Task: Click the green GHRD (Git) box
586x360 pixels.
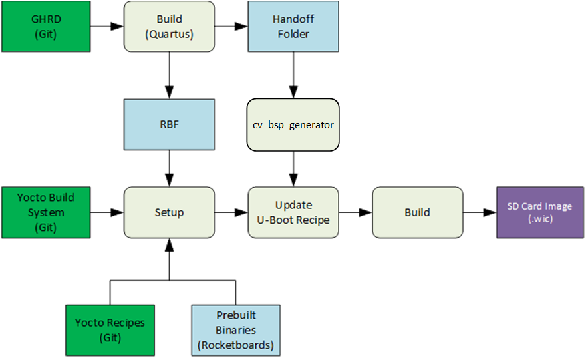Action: point(46,26)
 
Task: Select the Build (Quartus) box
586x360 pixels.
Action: point(170,26)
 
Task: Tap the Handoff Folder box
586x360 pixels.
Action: point(293,26)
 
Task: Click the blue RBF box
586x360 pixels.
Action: point(170,124)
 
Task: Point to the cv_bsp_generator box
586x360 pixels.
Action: point(293,125)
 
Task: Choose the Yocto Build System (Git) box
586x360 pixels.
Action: point(46,212)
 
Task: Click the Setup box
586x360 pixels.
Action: point(170,212)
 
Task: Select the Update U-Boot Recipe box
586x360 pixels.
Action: point(293,212)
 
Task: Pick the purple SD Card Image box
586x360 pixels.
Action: point(539,212)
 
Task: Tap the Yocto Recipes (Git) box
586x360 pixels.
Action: point(110,331)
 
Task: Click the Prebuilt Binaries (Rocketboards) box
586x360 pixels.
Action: point(236,331)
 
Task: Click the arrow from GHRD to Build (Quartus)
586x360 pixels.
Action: point(107,26)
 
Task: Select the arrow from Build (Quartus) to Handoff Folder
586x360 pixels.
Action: point(231,26)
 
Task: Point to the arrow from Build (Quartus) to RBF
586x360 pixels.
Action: point(170,75)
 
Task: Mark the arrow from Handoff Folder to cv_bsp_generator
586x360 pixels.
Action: point(293,75)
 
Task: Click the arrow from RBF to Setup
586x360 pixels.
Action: point(170,168)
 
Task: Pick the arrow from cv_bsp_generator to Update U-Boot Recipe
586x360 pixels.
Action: point(293,169)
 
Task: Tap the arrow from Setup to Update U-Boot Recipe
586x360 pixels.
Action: point(231,212)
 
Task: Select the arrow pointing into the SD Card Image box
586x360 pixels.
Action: point(480,212)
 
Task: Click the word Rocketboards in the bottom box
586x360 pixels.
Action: point(236,345)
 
